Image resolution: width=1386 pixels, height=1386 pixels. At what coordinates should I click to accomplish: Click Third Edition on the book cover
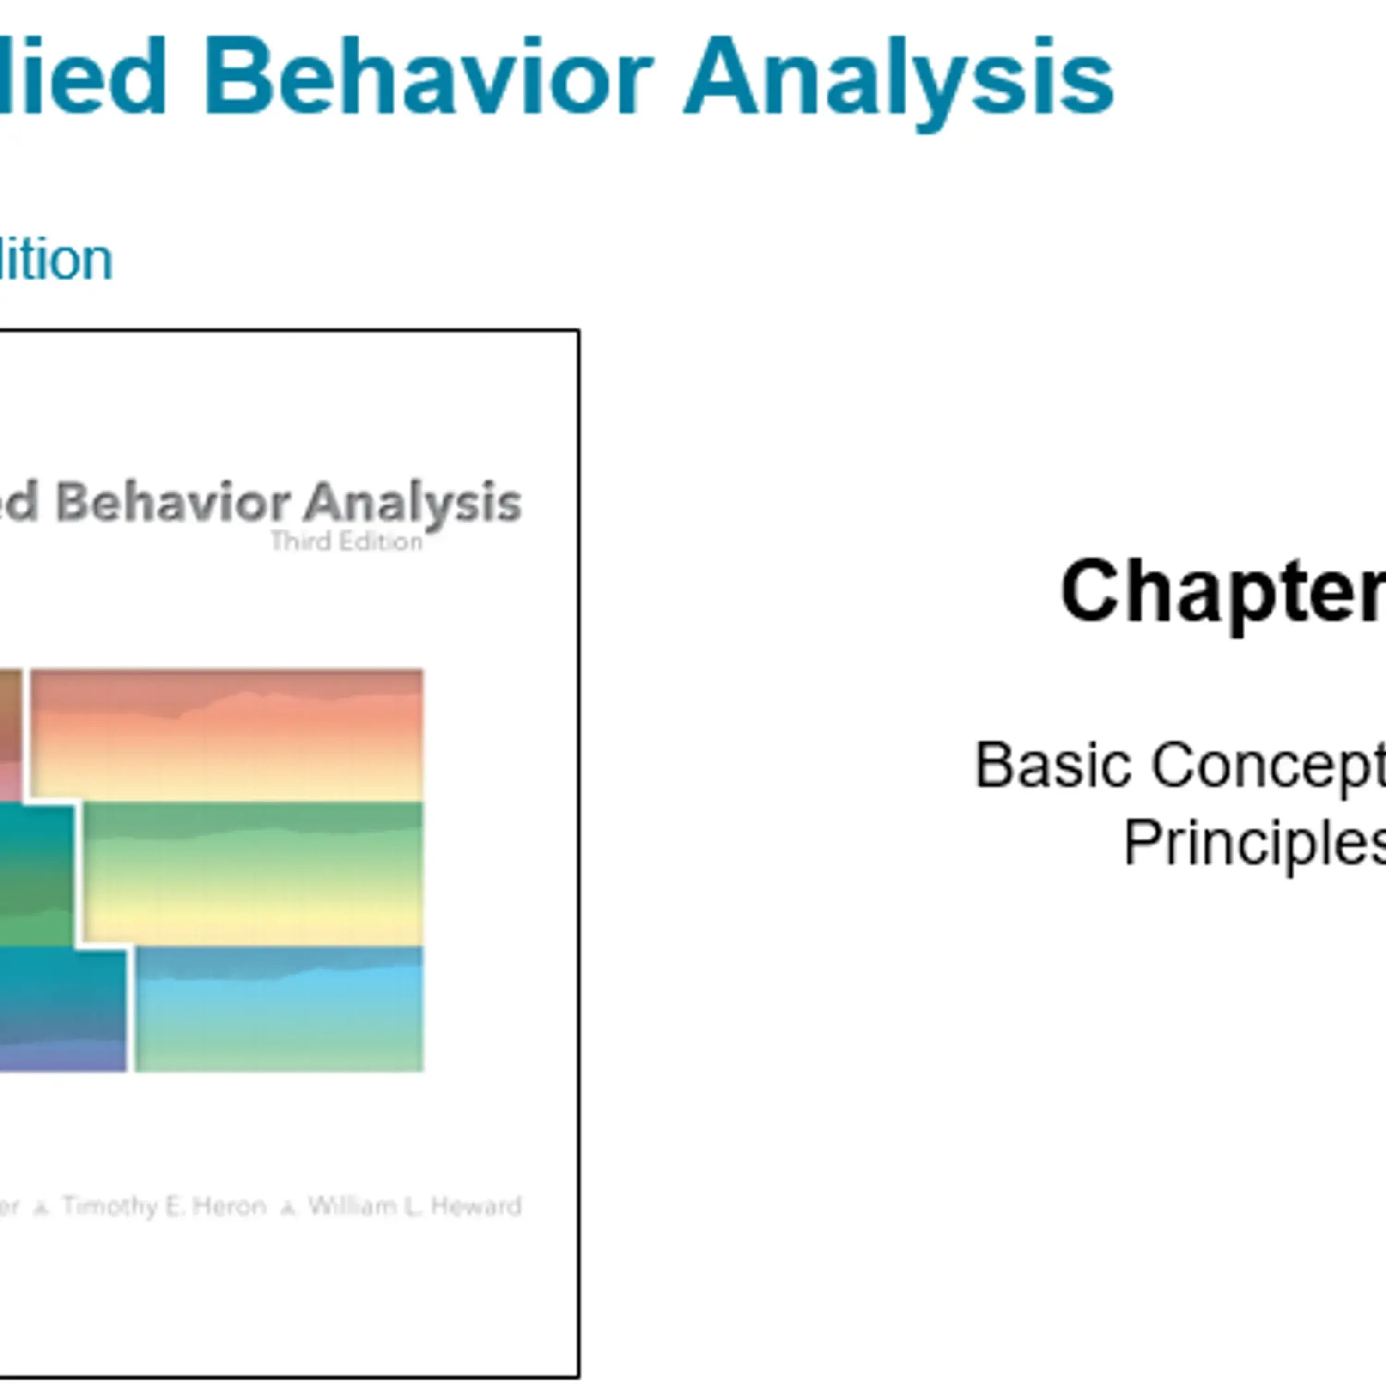click(x=346, y=541)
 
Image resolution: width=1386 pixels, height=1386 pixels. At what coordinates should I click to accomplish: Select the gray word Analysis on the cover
click(x=412, y=504)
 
